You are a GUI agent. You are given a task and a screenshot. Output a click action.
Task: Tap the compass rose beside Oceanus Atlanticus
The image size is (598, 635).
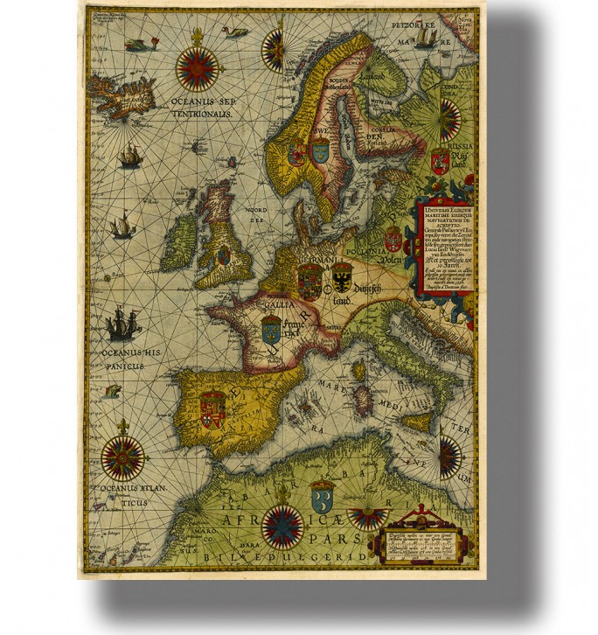(123, 457)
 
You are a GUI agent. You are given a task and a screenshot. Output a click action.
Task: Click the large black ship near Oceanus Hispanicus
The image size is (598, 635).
(122, 327)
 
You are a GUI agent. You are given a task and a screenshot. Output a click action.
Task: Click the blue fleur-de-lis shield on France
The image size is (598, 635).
(271, 329)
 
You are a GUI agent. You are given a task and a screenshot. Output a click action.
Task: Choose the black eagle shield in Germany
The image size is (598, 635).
(342, 279)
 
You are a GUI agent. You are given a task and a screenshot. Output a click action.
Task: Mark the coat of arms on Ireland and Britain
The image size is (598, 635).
(223, 255)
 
